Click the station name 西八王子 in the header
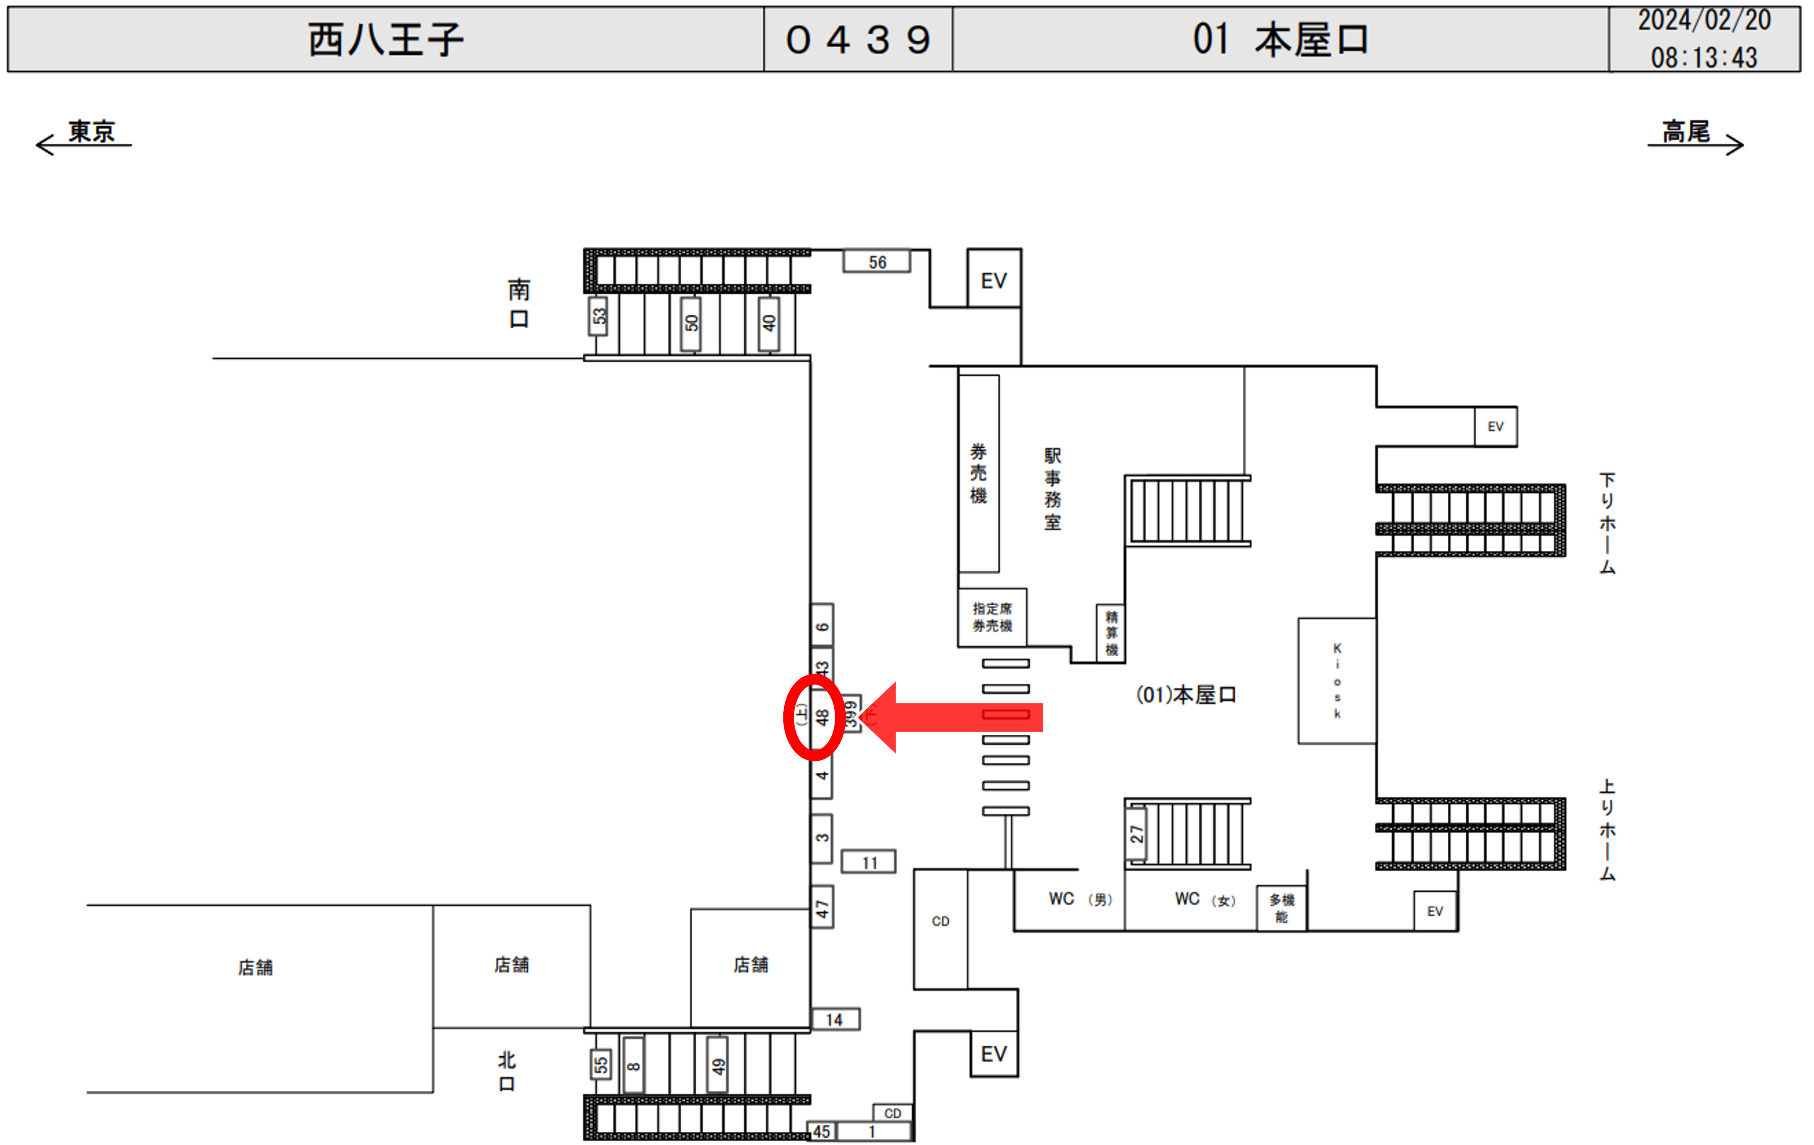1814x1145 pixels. coord(386,39)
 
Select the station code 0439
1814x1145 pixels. coord(858,39)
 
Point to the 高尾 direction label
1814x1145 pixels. coord(1686,132)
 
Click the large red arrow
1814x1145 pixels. coord(953,717)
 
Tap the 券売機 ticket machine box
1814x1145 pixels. coord(979,473)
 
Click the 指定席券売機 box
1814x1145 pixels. coord(992,617)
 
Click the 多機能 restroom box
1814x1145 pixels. coord(1282,908)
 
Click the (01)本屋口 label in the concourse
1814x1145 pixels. coord(1186,694)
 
